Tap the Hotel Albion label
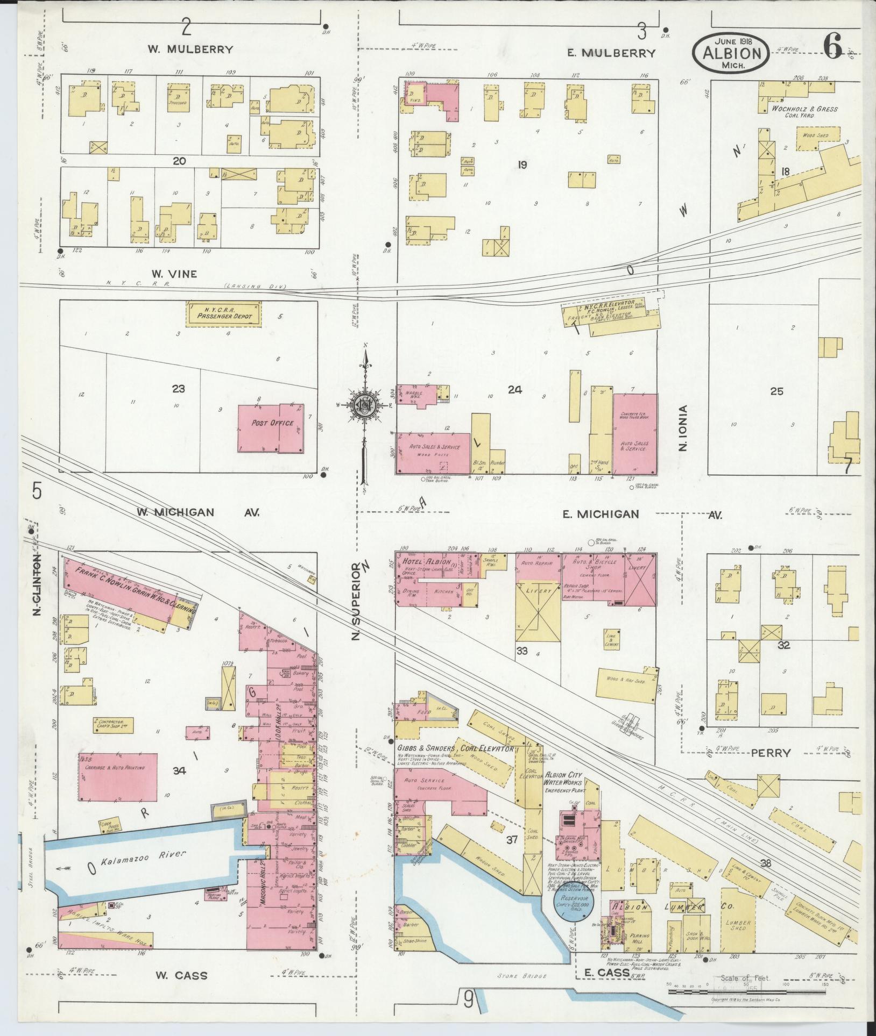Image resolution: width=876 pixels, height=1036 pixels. pyautogui.click(x=421, y=562)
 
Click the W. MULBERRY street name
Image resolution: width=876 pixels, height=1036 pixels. pyautogui.click(x=191, y=49)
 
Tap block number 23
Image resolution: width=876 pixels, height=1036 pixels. pyautogui.click(x=178, y=389)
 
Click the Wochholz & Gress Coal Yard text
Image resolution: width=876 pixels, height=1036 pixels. pyautogui.click(x=804, y=112)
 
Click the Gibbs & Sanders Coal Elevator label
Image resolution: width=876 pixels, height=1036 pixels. pyautogui.click(x=456, y=748)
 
